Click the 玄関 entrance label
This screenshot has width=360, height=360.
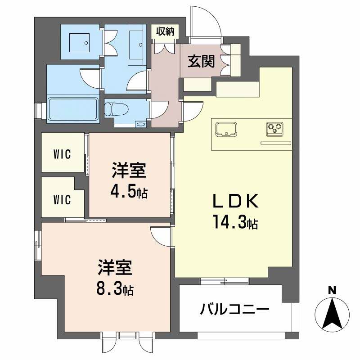tap(201, 61)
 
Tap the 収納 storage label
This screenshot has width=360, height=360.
tap(165, 31)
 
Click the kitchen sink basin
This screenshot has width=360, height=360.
tap(226, 129)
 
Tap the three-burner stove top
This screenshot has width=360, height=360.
tap(274, 129)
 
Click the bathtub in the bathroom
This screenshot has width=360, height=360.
tap(72, 108)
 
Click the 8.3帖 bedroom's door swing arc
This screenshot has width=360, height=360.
tap(160, 234)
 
